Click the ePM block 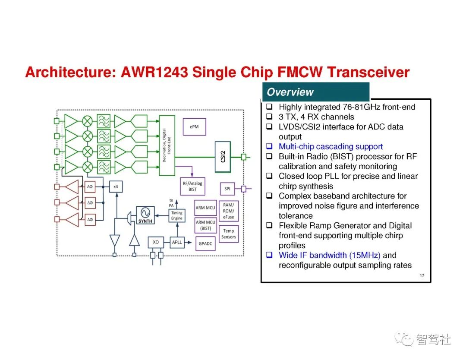pos(194,126)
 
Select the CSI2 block pos(223,157)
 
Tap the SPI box pos(227,189)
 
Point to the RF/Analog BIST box pos(192,186)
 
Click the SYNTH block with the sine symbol pos(145,215)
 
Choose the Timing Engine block pos(177,215)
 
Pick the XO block pos(156,242)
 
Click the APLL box pos(177,242)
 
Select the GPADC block pos(205,243)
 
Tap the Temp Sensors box pos(229,234)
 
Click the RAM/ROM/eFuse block pos(229,211)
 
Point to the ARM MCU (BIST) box pos(206,225)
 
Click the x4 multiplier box pos(116,186)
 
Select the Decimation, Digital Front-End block pos(167,145)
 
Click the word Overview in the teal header pos(290,92)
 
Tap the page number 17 pos(422,275)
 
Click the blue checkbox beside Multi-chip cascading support pos(269,146)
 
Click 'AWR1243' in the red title pos(154,72)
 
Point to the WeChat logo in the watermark pos(403,339)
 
